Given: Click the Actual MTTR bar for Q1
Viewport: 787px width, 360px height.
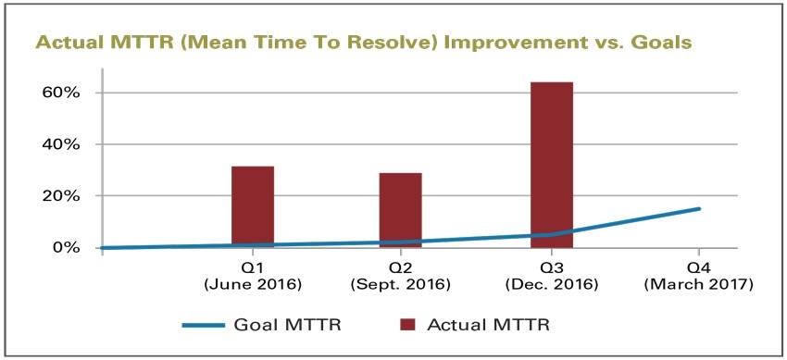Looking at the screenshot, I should tap(252, 206).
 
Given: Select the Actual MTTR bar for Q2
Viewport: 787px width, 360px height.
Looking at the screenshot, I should tap(400, 210).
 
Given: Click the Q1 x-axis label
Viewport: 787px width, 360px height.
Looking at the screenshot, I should tap(253, 267).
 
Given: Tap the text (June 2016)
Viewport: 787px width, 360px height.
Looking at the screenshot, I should tap(253, 283).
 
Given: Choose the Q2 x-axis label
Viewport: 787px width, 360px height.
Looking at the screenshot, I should tap(401, 267).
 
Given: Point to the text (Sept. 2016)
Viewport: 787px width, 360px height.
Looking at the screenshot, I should tap(401, 283).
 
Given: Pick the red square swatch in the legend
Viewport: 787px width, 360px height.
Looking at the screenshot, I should tap(411, 324).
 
